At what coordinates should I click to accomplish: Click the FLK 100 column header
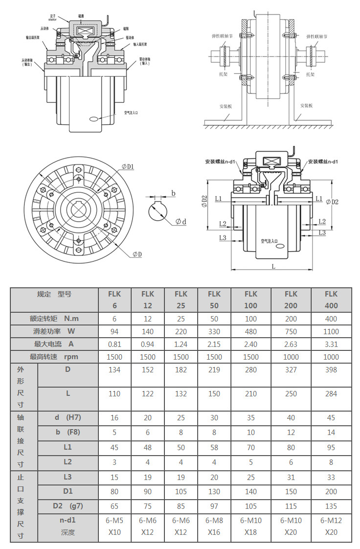(250, 299)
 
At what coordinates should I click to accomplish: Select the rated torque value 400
(331, 319)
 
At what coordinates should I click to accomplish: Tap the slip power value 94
(114, 331)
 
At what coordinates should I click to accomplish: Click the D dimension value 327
(291, 370)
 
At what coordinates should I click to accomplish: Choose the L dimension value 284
(331, 393)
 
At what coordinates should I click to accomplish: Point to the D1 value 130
(214, 491)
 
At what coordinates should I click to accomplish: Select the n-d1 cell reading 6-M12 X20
(331, 526)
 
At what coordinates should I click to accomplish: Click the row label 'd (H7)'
(67, 417)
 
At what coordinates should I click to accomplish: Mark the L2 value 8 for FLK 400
(331, 462)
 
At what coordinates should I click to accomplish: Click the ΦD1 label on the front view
(128, 167)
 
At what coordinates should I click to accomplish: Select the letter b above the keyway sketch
(173, 192)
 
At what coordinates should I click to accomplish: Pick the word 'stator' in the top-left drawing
(53, 20)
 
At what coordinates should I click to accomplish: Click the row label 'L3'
(67, 477)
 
